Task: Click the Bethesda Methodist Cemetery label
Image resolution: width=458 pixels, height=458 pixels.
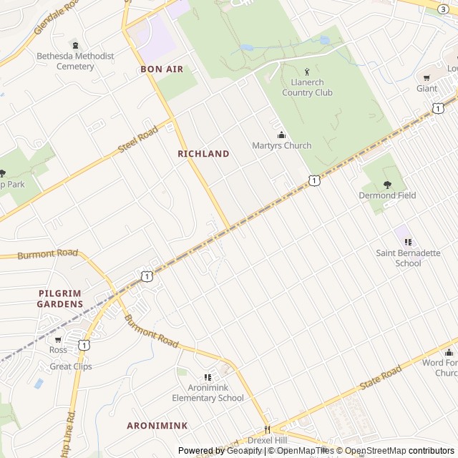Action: (75, 61)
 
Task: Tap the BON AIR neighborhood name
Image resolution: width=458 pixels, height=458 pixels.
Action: (162, 69)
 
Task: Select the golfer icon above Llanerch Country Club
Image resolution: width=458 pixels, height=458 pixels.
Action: (308, 72)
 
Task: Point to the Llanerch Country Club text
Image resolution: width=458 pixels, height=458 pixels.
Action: (308, 87)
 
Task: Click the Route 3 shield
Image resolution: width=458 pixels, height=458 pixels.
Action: (443, 8)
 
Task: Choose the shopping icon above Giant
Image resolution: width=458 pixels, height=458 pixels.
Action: (427, 78)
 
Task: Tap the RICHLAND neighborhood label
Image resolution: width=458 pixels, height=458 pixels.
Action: (203, 154)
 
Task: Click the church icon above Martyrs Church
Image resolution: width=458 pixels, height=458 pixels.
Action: (281, 135)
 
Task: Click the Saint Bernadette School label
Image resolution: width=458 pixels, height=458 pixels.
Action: (409, 258)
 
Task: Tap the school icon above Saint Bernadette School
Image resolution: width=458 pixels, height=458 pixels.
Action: (409, 243)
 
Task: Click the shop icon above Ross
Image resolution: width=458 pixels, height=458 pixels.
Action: (58, 340)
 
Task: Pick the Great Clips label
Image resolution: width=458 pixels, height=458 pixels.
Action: (71, 367)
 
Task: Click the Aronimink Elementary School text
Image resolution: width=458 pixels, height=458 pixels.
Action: (207, 393)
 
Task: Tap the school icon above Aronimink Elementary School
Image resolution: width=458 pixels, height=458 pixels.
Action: (207, 377)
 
